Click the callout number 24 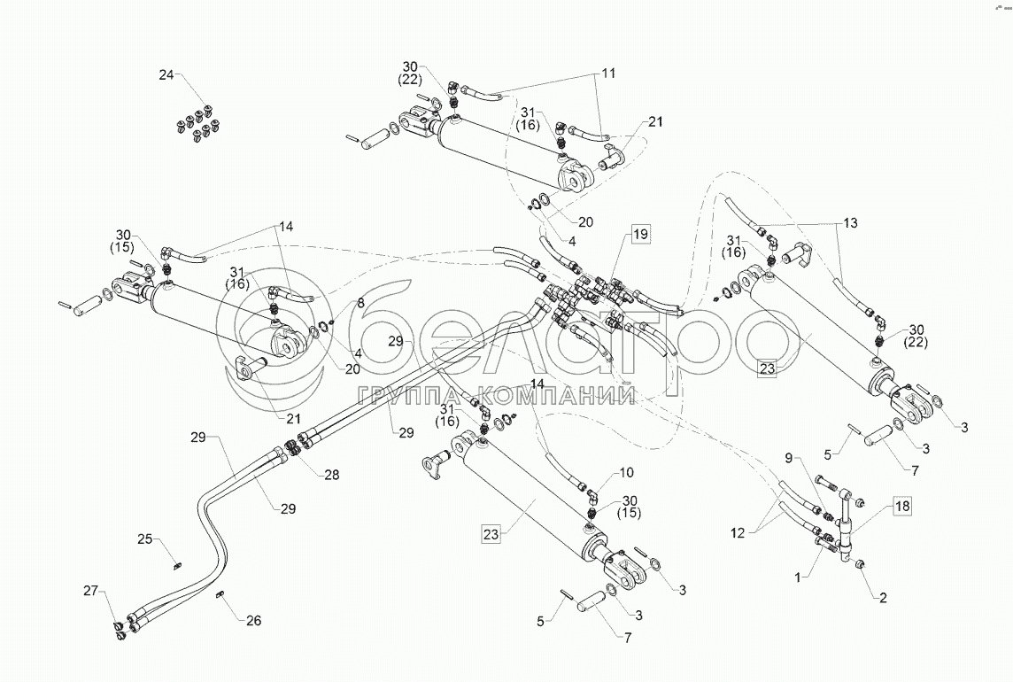click(x=167, y=75)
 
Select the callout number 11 click(x=609, y=75)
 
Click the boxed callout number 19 click(x=639, y=235)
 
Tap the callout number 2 click(x=882, y=597)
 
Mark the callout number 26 click(x=253, y=621)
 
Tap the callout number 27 click(x=91, y=591)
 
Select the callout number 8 click(x=360, y=303)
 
